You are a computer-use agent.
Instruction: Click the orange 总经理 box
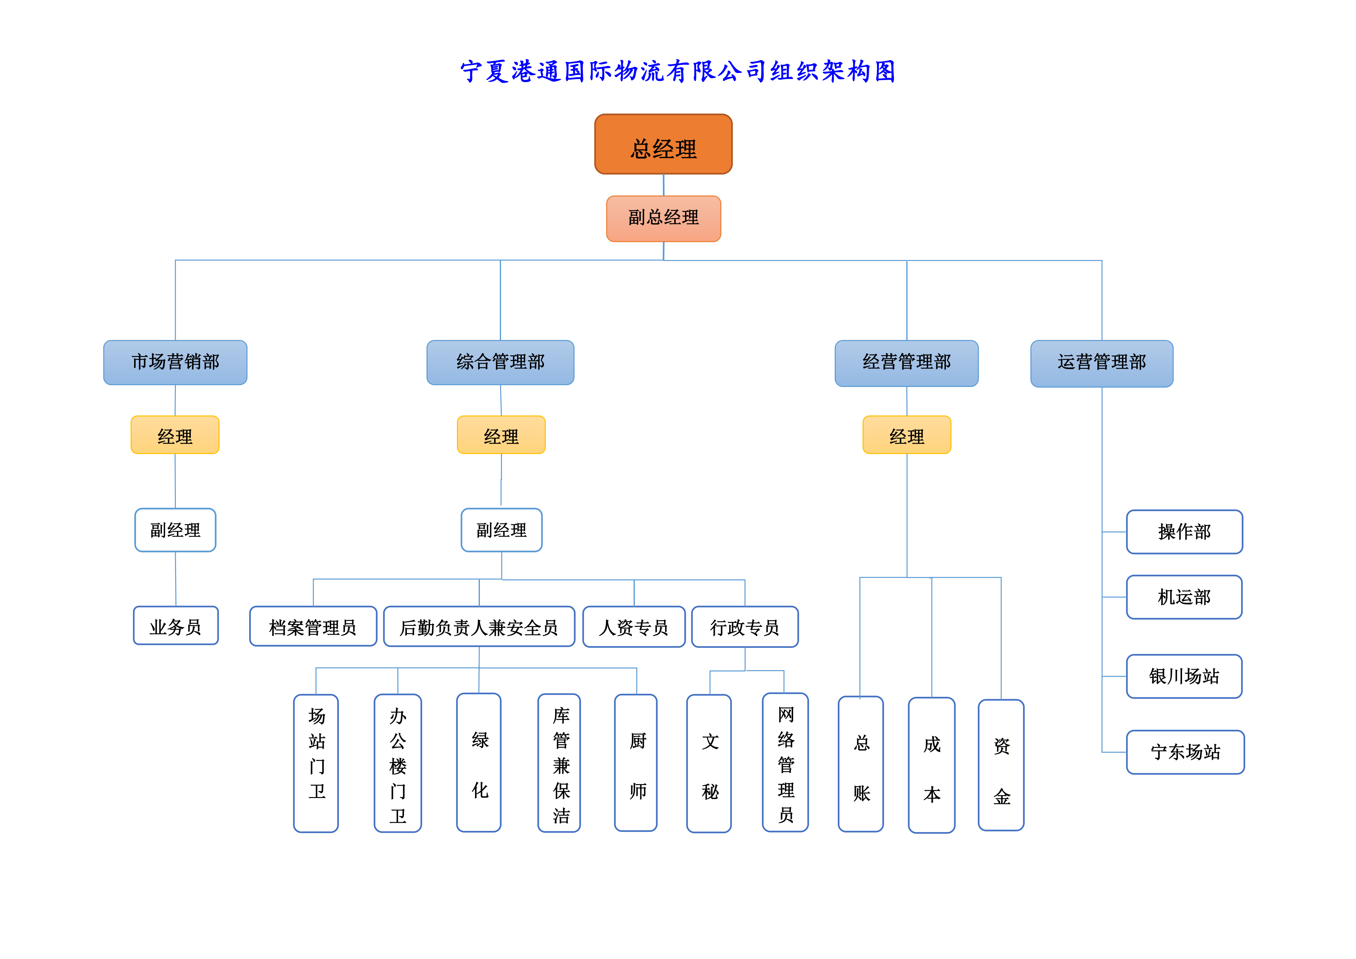point(663,145)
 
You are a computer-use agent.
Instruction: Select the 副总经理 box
point(663,218)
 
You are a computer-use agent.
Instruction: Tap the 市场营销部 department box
point(175,362)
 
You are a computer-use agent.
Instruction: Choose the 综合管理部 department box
point(500,362)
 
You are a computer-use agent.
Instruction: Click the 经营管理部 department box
point(907,362)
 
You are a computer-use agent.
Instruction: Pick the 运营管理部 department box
point(1101,363)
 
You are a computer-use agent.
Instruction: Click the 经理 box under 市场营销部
point(175,435)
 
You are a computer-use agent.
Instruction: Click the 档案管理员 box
point(313,626)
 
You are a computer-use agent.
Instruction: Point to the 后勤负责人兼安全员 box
point(479,626)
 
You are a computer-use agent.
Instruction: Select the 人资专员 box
point(634,626)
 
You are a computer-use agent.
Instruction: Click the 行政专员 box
point(745,626)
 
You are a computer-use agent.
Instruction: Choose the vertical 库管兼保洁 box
point(559,763)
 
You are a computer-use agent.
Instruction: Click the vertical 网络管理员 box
point(786,763)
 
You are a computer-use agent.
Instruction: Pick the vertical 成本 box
point(931,765)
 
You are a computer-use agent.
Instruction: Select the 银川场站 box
point(1184,676)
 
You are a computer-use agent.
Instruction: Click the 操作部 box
point(1184,532)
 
